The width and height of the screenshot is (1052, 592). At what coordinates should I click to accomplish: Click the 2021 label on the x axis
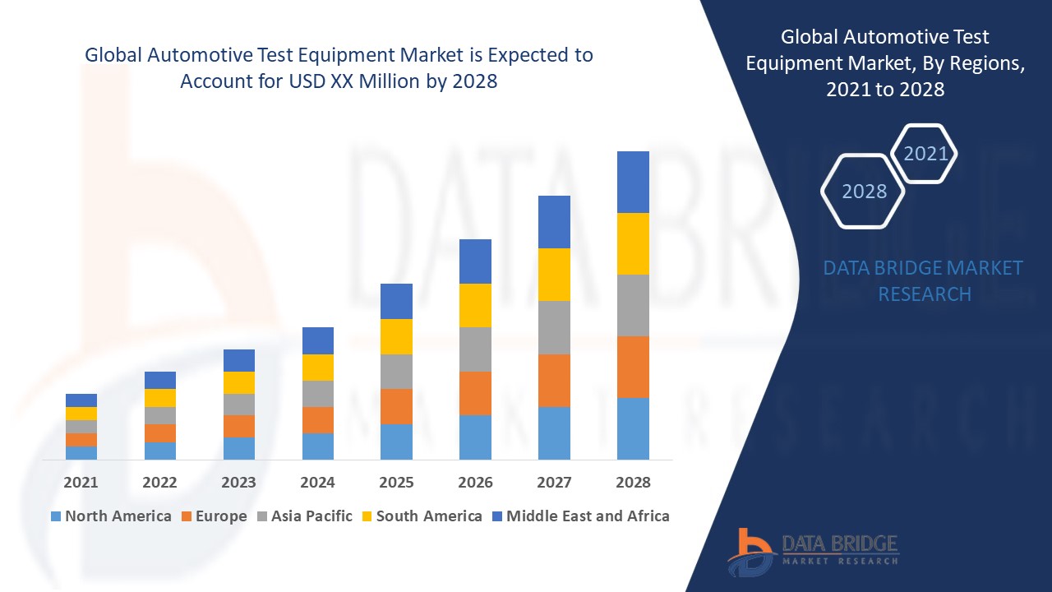click(81, 483)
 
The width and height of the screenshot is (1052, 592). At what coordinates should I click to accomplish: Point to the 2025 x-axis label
click(396, 483)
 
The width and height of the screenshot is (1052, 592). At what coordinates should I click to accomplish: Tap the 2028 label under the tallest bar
click(633, 483)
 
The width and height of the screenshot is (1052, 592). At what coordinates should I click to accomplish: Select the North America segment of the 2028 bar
click(633, 428)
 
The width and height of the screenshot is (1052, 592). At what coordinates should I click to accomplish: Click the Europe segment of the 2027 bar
click(554, 381)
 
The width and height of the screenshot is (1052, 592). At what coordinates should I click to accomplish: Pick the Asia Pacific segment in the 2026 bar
click(475, 349)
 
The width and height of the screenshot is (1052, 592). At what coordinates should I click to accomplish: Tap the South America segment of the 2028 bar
click(633, 243)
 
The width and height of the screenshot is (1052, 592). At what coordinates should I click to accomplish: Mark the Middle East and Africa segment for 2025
click(396, 301)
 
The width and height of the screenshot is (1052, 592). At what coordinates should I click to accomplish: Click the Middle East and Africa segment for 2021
click(81, 400)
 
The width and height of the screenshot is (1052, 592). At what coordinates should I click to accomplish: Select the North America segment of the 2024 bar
click(317, 446)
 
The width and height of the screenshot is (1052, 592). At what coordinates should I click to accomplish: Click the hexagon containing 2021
click(925, 154)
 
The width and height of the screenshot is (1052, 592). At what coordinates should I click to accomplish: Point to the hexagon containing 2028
click(864, 192)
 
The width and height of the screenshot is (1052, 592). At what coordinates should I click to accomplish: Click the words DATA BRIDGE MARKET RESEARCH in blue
click(924, 280)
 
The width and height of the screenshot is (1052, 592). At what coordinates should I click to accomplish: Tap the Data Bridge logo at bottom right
click(813, 551)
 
